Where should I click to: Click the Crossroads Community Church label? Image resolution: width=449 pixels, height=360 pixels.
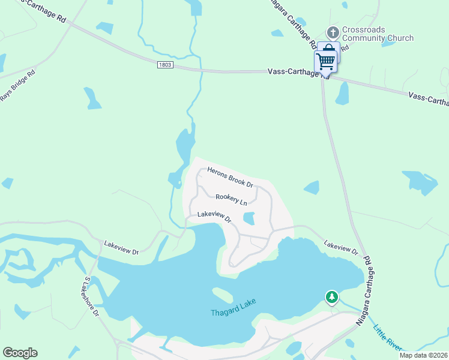(378, 34)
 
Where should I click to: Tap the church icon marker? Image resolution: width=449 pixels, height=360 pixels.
(333, 31)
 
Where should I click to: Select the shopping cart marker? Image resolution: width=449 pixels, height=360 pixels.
(325, 61)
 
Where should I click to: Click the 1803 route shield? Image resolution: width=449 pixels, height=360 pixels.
(166, 64)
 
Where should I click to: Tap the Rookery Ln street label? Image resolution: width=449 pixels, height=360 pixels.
(231, 200)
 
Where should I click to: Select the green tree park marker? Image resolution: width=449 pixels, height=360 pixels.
(331, 296)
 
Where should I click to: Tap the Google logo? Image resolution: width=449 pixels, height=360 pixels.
(20, 353)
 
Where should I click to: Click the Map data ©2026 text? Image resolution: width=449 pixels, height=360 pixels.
(423, 355)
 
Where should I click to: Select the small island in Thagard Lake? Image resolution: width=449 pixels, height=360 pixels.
(222, 295)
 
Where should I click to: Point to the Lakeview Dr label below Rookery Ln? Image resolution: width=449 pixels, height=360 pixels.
(214, 216)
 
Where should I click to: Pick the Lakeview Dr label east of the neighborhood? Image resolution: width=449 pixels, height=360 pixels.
(340, 247)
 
